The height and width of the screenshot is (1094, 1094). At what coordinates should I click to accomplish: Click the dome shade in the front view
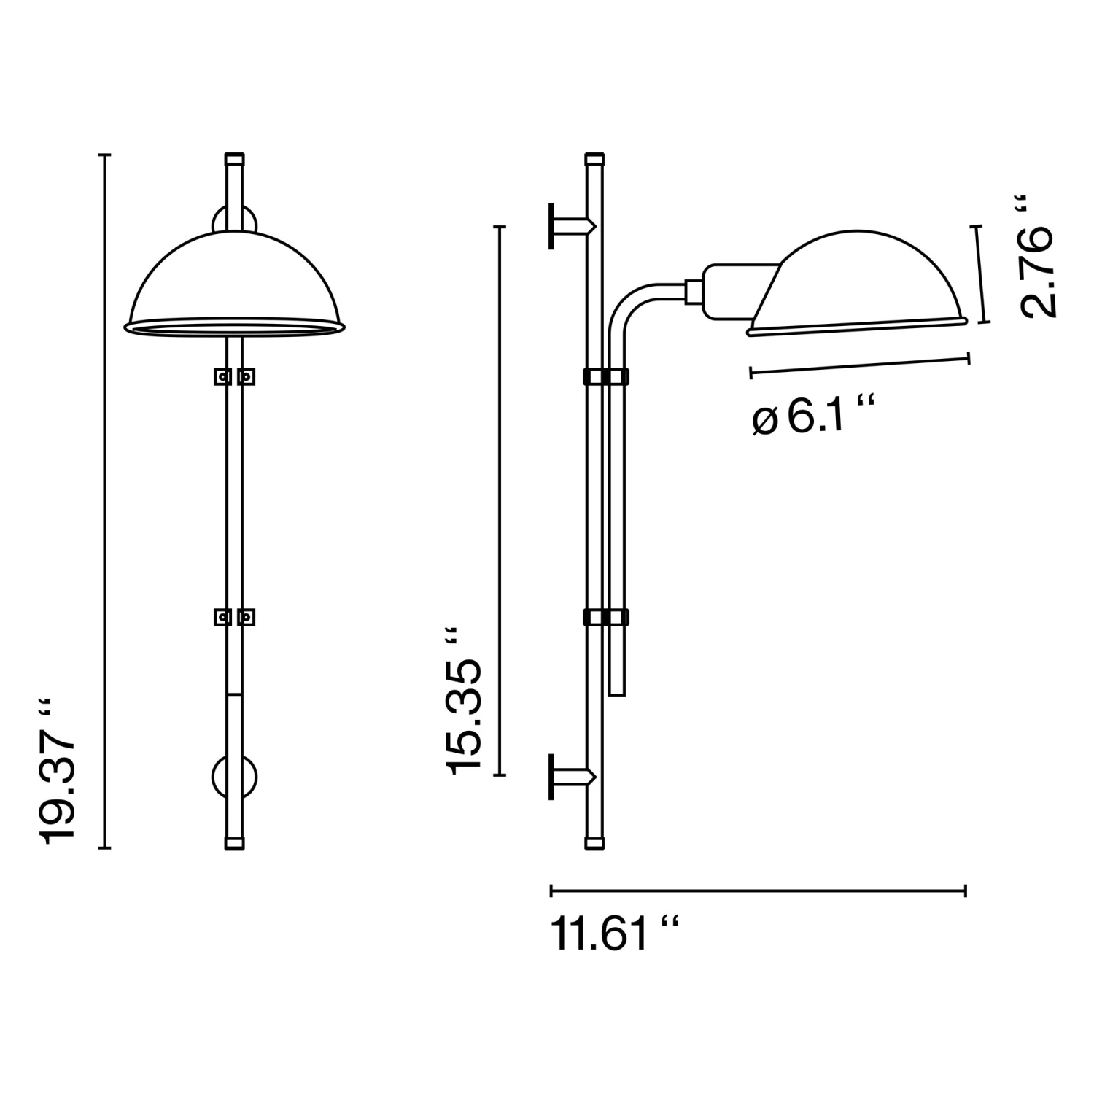coord(234,284)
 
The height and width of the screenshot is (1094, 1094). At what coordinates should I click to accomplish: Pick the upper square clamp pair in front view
coord(234,376)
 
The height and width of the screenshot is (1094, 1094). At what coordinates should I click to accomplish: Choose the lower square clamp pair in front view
coord(234,617)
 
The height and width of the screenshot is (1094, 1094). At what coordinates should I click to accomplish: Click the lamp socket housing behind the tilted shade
coord(729,290)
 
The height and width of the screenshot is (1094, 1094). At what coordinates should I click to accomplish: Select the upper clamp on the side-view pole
coord(605,376)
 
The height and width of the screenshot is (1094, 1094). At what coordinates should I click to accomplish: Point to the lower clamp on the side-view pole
coord(605,617)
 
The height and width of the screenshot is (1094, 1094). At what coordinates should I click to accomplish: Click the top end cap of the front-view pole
coord(234,158)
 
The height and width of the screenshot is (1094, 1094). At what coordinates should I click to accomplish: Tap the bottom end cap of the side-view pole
coord(594,844)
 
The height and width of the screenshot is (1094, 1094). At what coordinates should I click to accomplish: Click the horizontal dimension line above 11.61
coord(759,891)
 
